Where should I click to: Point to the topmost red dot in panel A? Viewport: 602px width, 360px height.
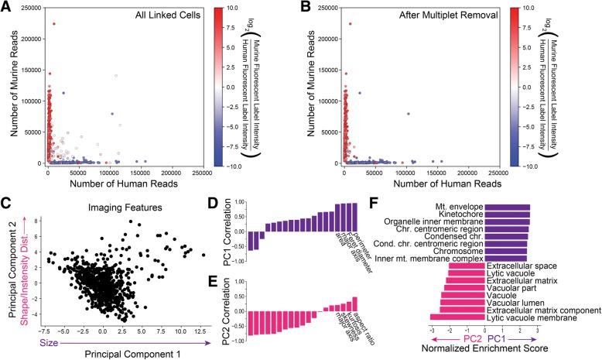coord(54,24)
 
